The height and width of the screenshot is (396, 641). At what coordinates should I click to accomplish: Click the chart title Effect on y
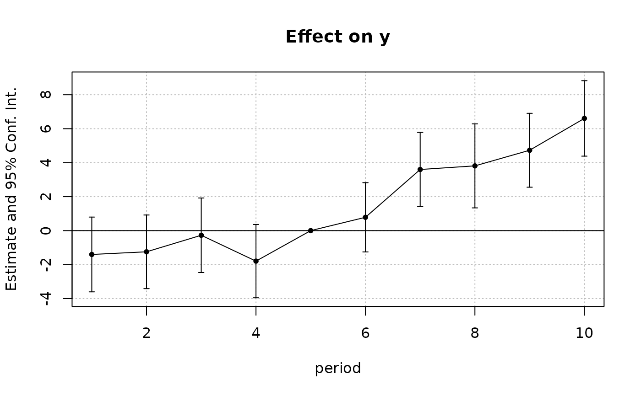click(x=338, y=37)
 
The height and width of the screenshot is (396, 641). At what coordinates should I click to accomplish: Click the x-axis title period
click(x=338, y=369)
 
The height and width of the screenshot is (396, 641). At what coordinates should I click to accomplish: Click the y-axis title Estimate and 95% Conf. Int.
click(x=11, y=189)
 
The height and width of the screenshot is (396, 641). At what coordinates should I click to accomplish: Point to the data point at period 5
click(x=311, y=230)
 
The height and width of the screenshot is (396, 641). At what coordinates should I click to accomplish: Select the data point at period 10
click(x=584, y=118)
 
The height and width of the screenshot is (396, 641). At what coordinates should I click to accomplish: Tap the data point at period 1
click(x=92, y=255)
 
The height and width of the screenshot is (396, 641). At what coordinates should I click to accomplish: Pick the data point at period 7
click(x=420, y=170)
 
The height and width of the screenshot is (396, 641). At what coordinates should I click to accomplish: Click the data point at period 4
click(x=256, y=261)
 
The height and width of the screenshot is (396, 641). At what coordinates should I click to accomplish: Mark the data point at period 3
click(x=201, y=235)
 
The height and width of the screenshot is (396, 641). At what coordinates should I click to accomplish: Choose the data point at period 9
click(x=530, y=150)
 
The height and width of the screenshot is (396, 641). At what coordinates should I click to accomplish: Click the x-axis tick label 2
click(x=147, y=333)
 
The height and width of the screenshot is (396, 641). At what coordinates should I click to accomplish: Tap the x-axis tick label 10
click(x=584, y=333)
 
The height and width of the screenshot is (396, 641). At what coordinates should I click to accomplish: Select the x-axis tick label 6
click(x=365, y=333)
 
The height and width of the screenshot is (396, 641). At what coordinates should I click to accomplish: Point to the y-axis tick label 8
click(x=46, y=95)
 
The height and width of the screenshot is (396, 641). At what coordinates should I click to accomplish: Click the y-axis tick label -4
click(x=46, y=299)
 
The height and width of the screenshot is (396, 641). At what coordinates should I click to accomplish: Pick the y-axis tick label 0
click(x=46, y=230)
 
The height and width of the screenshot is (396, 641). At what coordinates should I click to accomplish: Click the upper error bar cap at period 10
click(x=584, y=81)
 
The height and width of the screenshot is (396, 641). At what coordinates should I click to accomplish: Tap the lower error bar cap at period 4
click(x=256, y=298)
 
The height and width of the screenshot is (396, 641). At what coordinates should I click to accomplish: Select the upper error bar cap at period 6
click(x=365, y=182)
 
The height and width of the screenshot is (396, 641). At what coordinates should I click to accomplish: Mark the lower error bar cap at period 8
click(x=475, y=208)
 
